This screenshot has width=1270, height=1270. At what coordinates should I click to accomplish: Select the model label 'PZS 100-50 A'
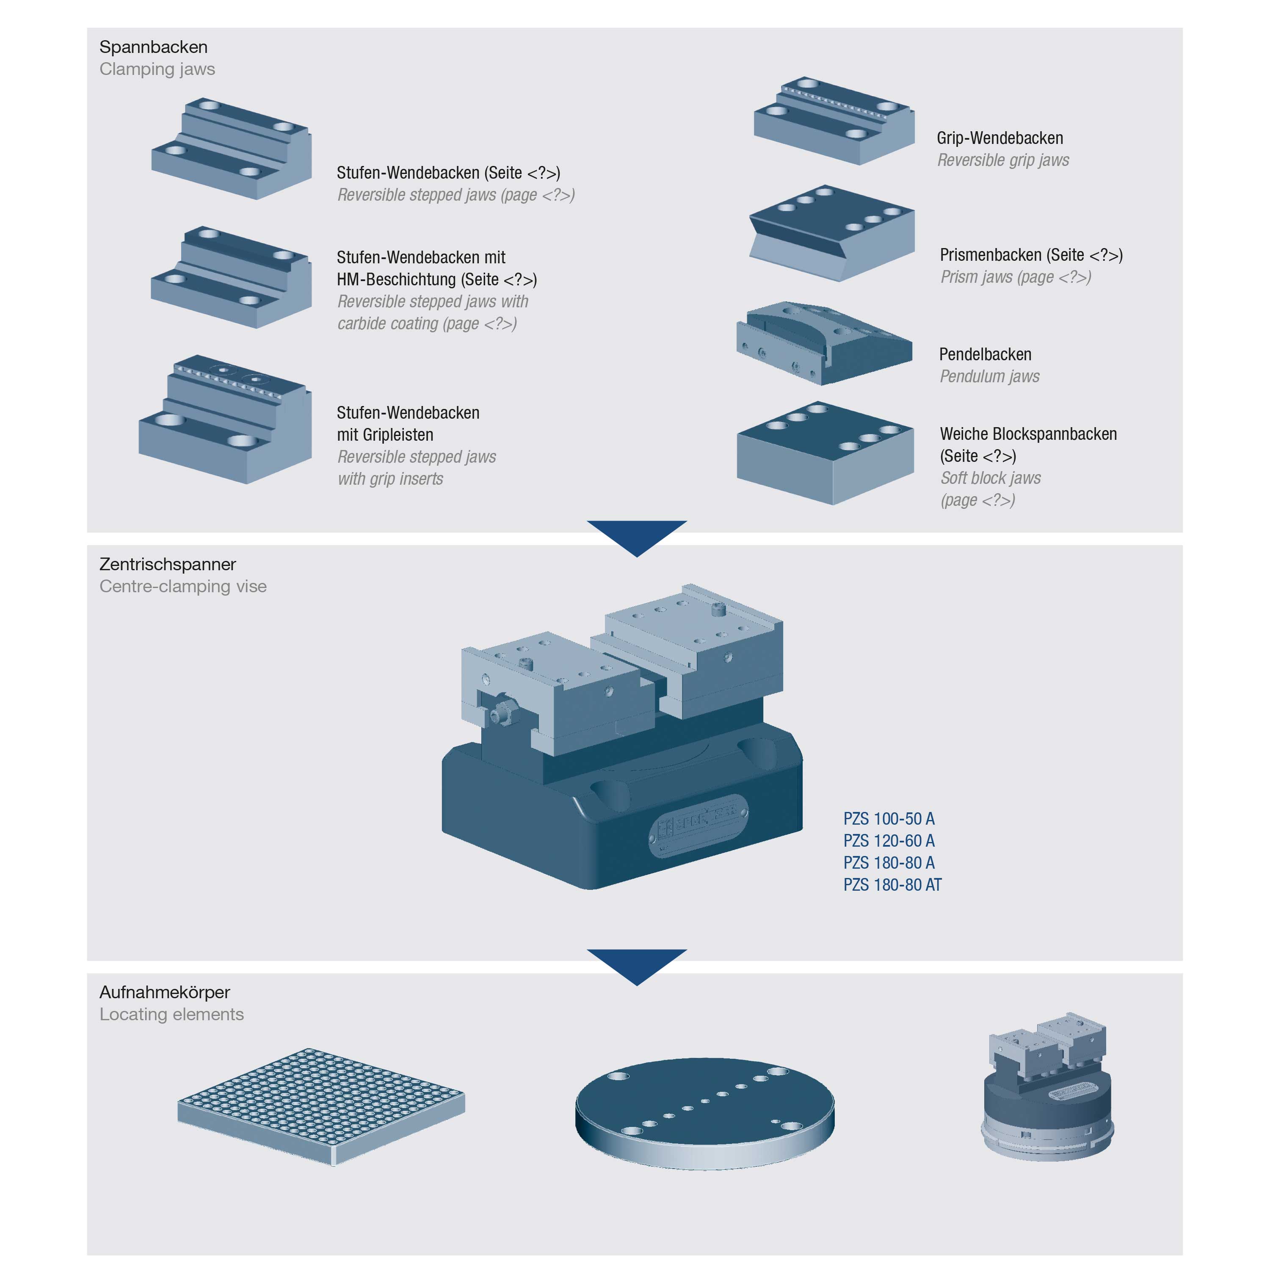coord(888,818)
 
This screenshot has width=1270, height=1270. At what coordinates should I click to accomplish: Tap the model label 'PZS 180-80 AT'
coord(892,885)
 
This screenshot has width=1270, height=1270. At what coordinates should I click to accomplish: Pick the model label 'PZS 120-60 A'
coord(888,841)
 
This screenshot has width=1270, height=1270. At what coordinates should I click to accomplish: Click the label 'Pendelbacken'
coord(985,354)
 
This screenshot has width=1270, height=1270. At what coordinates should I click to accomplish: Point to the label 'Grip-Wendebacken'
coord(999,138)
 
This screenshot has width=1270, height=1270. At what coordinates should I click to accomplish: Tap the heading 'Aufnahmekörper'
coord(164,992)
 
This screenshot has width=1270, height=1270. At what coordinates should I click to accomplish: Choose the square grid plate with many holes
coord(321,1105)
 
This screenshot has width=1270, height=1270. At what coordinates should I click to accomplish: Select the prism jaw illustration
coord(831,233)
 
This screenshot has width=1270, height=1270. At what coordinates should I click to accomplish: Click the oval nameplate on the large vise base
coord(698,825)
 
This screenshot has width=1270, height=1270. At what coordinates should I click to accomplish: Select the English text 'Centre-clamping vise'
coord(183,586)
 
